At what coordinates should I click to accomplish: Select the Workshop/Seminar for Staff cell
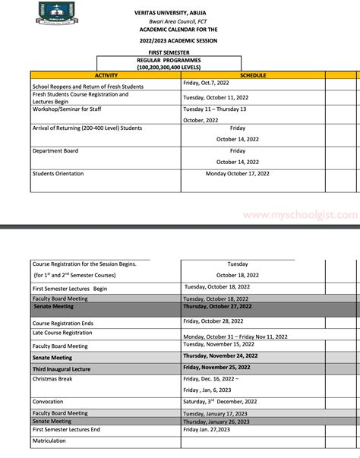tap(65, 109)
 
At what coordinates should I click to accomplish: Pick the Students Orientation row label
tap(60, 173)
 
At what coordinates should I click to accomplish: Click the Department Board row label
tap(55, 151)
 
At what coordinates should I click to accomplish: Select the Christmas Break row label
tap(52, 378)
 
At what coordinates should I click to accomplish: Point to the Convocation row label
tap(48, 401)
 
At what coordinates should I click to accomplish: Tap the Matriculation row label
tap(49, 440)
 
